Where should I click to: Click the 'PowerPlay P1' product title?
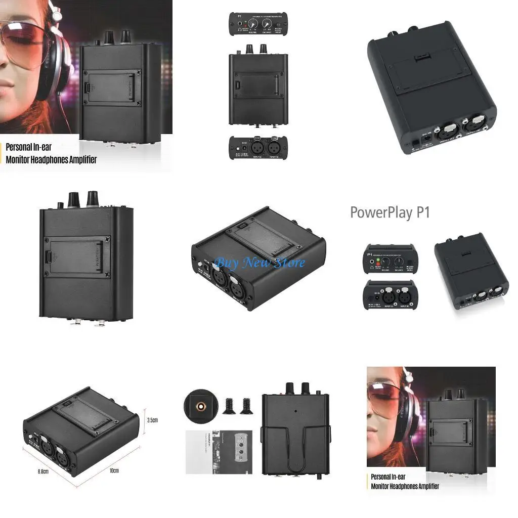(390, 212)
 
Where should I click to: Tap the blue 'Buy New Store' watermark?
(260, 263)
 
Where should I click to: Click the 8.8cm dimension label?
(42, 471)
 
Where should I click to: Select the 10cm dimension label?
(114, 471)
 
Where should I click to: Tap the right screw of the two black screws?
(247, 403)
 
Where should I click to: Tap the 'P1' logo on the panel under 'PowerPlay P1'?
(370, 249)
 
